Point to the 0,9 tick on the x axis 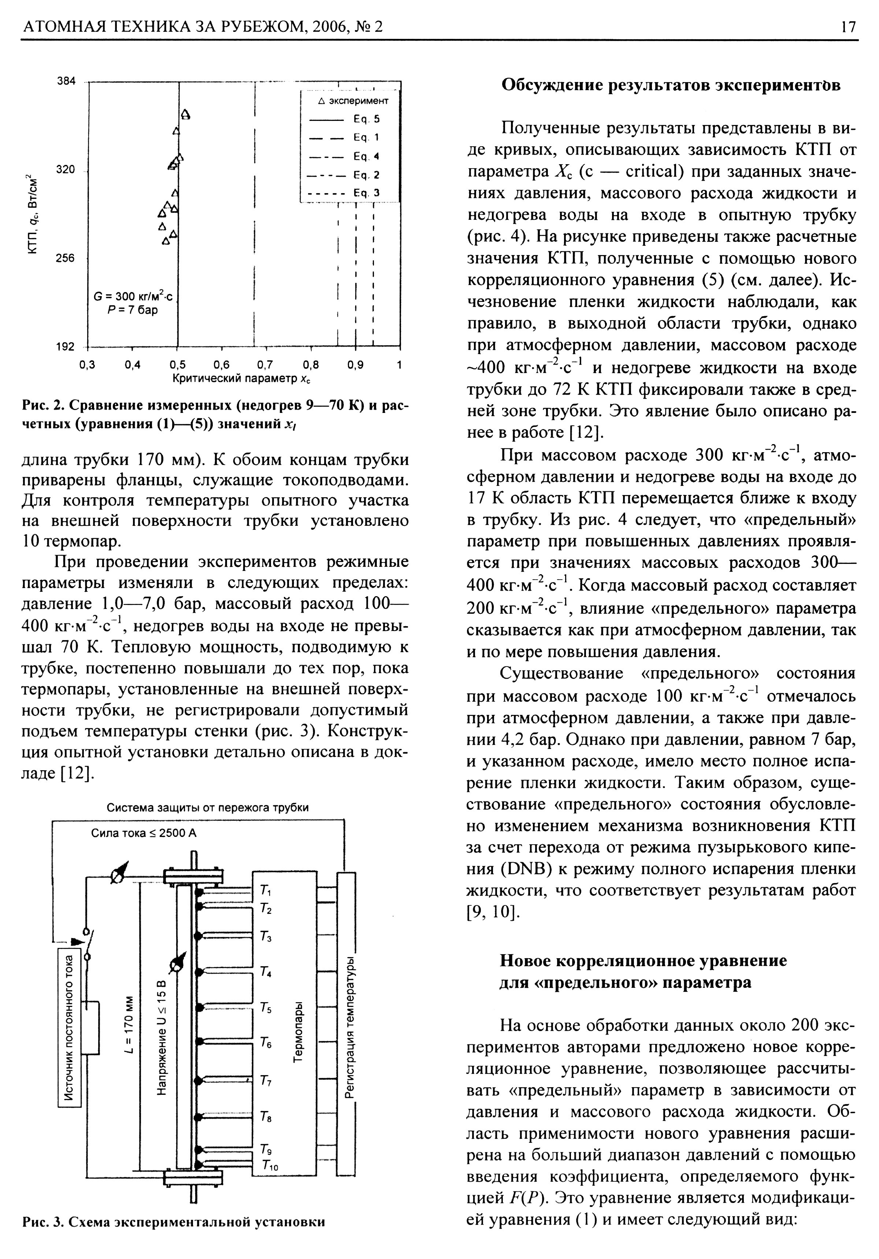tap(355, 365)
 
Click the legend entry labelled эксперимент tap(353, 101)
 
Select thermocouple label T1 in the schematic tap(265, 889)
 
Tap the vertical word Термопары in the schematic tap(298, 1032)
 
